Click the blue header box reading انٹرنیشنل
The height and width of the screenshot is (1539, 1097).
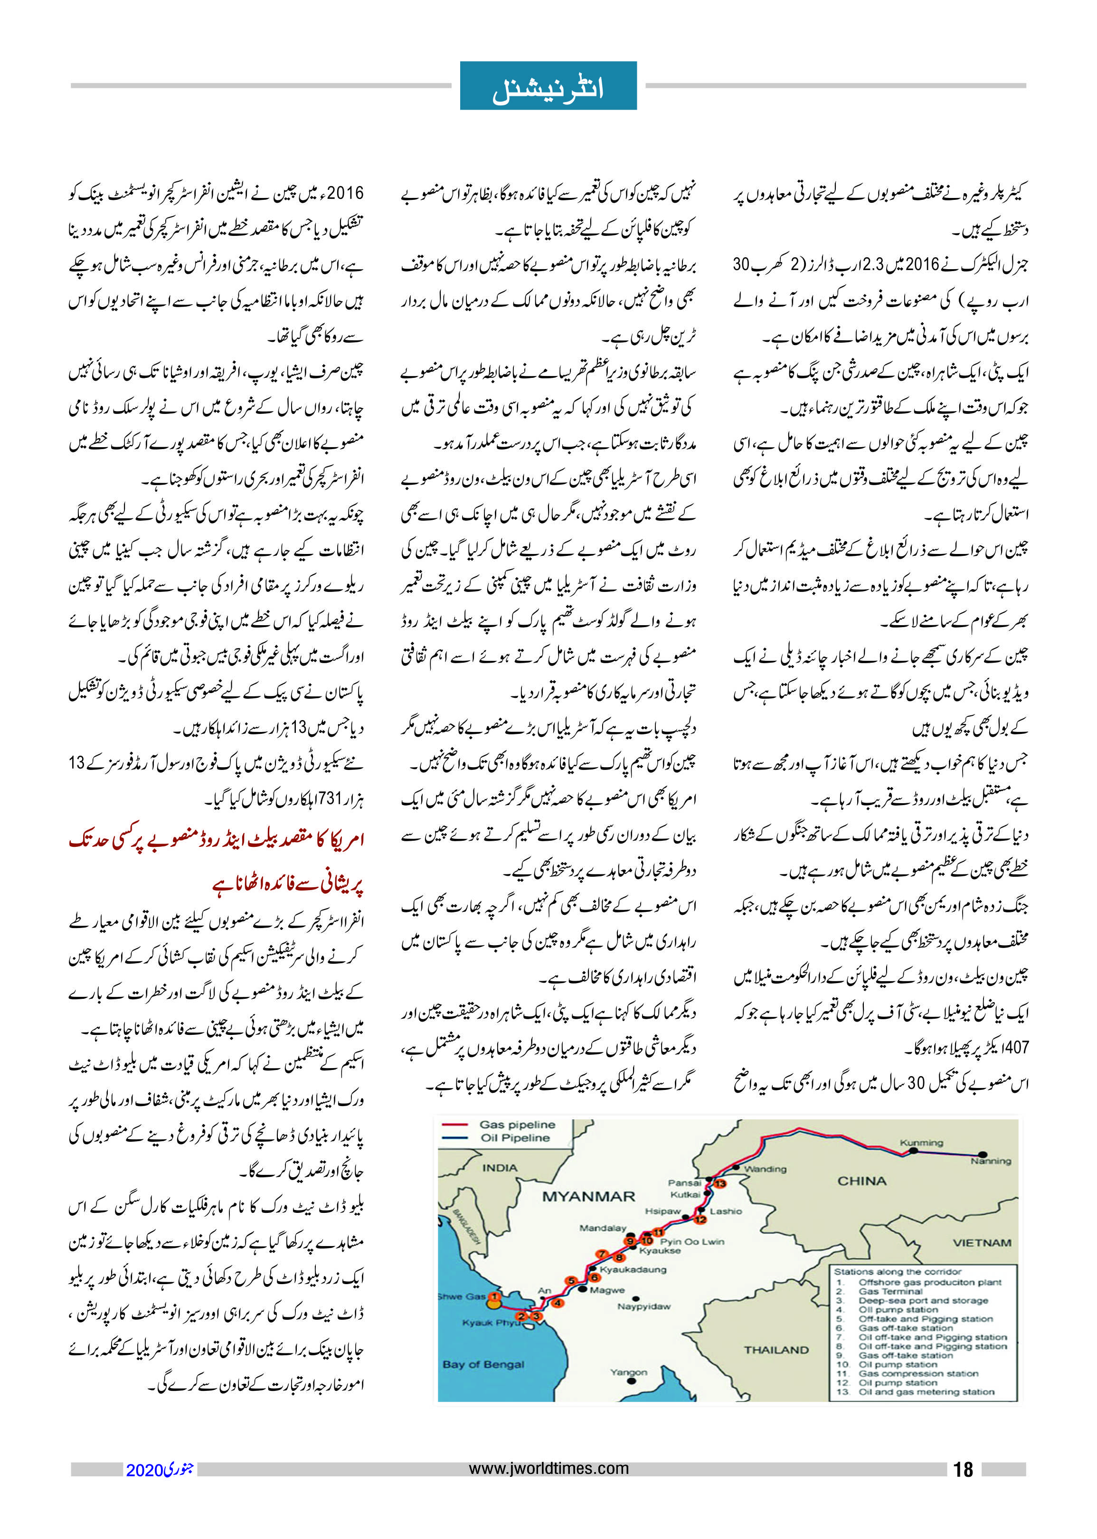click(x=548, y=86)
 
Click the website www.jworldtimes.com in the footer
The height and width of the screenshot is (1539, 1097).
click(x=548, y=1468)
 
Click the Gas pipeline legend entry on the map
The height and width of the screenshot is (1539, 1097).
click(x=517, y=1125)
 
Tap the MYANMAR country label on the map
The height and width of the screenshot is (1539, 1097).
click(x=588, y=1196)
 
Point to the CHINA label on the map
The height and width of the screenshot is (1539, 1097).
click(x=861, y=1181)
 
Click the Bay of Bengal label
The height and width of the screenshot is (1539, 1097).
click(x=483, y=1364)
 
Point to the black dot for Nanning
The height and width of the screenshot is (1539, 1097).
click(x=983, y=1155)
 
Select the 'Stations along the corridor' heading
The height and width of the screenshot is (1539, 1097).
click(x=897, y=1271)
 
